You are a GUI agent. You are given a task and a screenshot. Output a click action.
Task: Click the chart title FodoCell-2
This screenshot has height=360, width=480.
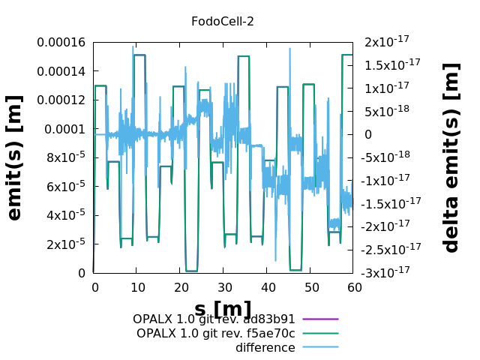tap(223, 21)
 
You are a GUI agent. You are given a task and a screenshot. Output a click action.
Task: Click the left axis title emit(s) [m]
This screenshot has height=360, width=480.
tap(15, 157)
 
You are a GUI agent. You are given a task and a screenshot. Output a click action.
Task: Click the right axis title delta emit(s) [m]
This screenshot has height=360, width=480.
tap(451, 157)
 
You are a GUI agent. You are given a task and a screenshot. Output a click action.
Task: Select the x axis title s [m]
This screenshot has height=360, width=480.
tap(223, 308)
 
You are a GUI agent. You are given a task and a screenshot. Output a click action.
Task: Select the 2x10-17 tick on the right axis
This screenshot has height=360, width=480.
tap(387, 42)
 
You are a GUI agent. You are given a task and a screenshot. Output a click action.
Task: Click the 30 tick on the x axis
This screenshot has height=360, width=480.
tap(223, 287)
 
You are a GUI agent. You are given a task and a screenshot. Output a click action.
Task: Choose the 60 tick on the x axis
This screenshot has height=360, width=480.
tap(353, 287)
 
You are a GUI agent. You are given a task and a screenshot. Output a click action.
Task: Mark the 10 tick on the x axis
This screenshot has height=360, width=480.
tap(137, 287)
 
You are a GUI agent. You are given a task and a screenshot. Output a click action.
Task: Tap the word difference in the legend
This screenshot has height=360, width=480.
tap(265, 348)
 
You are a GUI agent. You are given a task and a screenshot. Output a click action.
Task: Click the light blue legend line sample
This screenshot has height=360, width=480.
tap(320, 347)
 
